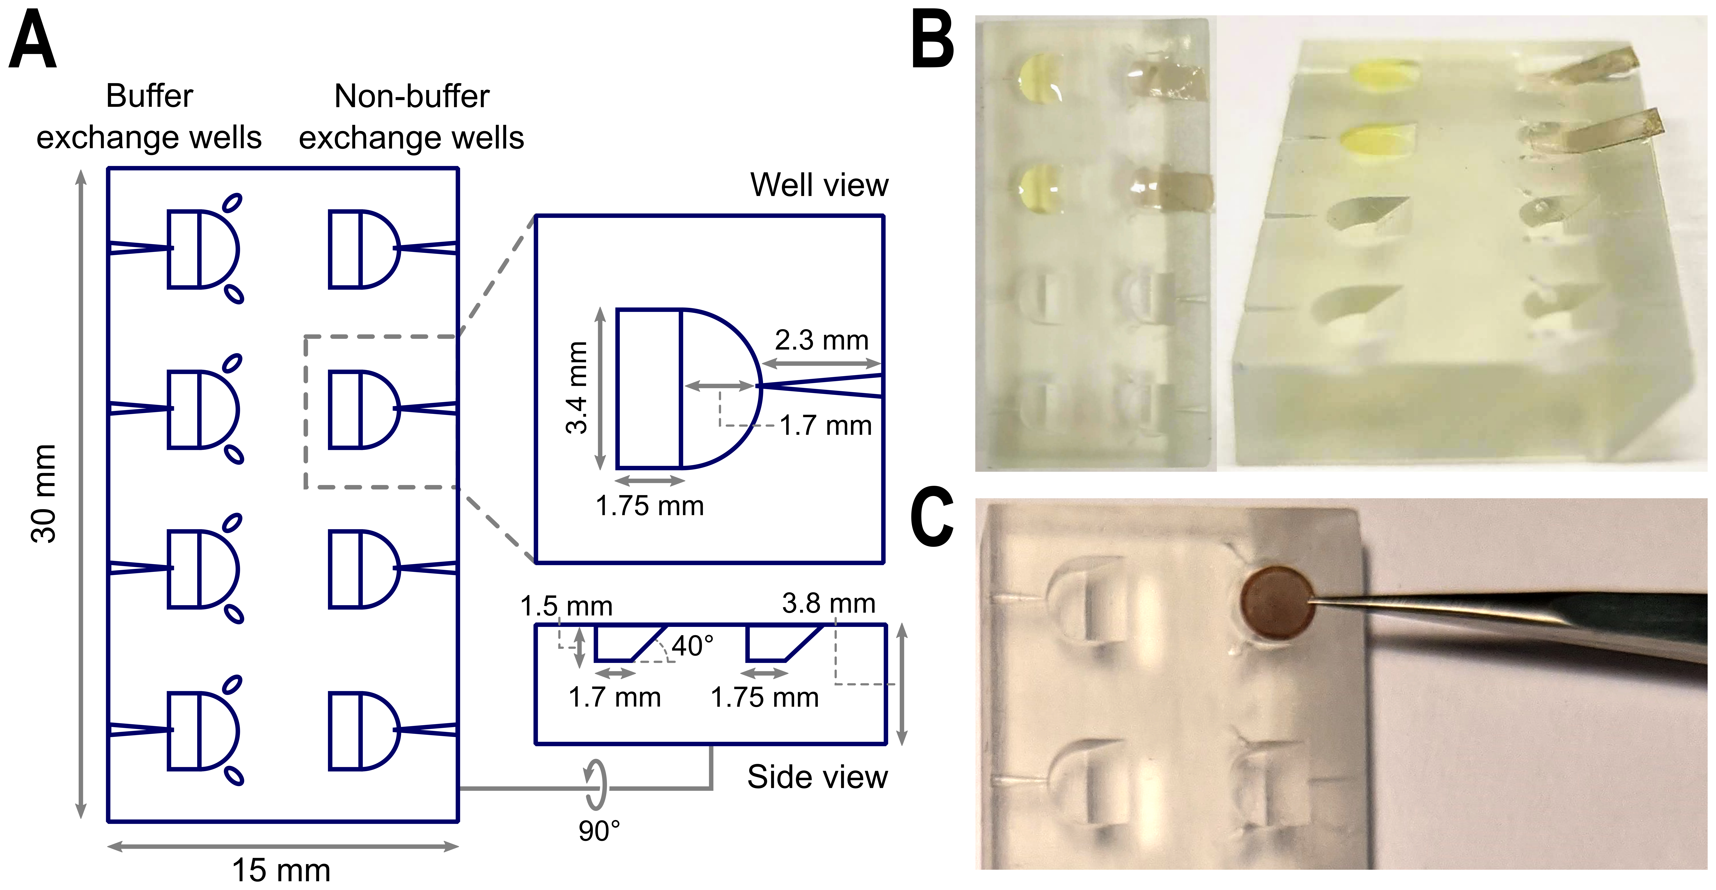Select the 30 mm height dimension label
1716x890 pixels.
click(x=44, y=494)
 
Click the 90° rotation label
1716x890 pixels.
click(x=599, y=831)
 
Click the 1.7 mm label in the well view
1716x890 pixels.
click(x=825, y=425)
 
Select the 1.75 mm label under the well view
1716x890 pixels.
click(x=650, y=506)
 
